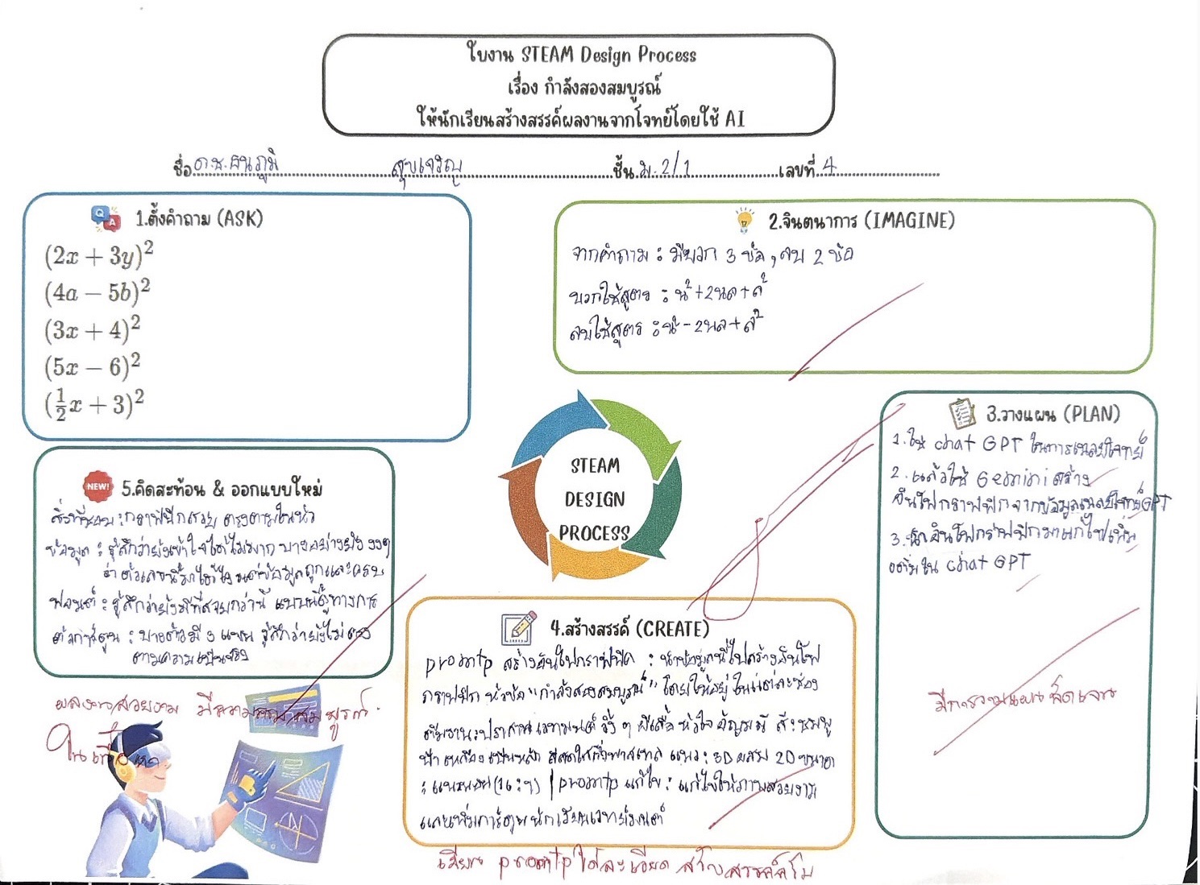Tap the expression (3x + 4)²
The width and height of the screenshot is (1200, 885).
coord(92,329)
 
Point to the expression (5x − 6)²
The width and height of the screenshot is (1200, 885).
coord(92,366)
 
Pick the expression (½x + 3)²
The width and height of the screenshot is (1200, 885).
coord(93,403)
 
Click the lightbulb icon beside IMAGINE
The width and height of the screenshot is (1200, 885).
coord(745,220)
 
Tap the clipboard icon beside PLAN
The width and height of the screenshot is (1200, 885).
coord(961,414)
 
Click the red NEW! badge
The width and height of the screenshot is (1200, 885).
coord(98,486)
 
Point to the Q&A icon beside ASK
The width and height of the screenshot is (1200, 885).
coord(106,217)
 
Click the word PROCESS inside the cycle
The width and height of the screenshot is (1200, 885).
coord(594,533)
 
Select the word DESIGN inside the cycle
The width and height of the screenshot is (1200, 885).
coord(595,499)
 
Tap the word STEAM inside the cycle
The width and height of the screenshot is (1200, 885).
coord(595,465)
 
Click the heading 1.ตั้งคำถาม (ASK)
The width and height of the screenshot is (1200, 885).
coord(198,218)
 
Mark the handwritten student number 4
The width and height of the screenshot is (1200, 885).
coord(828,167)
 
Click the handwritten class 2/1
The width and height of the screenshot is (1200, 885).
coord(675,167)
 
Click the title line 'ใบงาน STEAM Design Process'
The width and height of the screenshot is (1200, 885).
coord(580,55)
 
